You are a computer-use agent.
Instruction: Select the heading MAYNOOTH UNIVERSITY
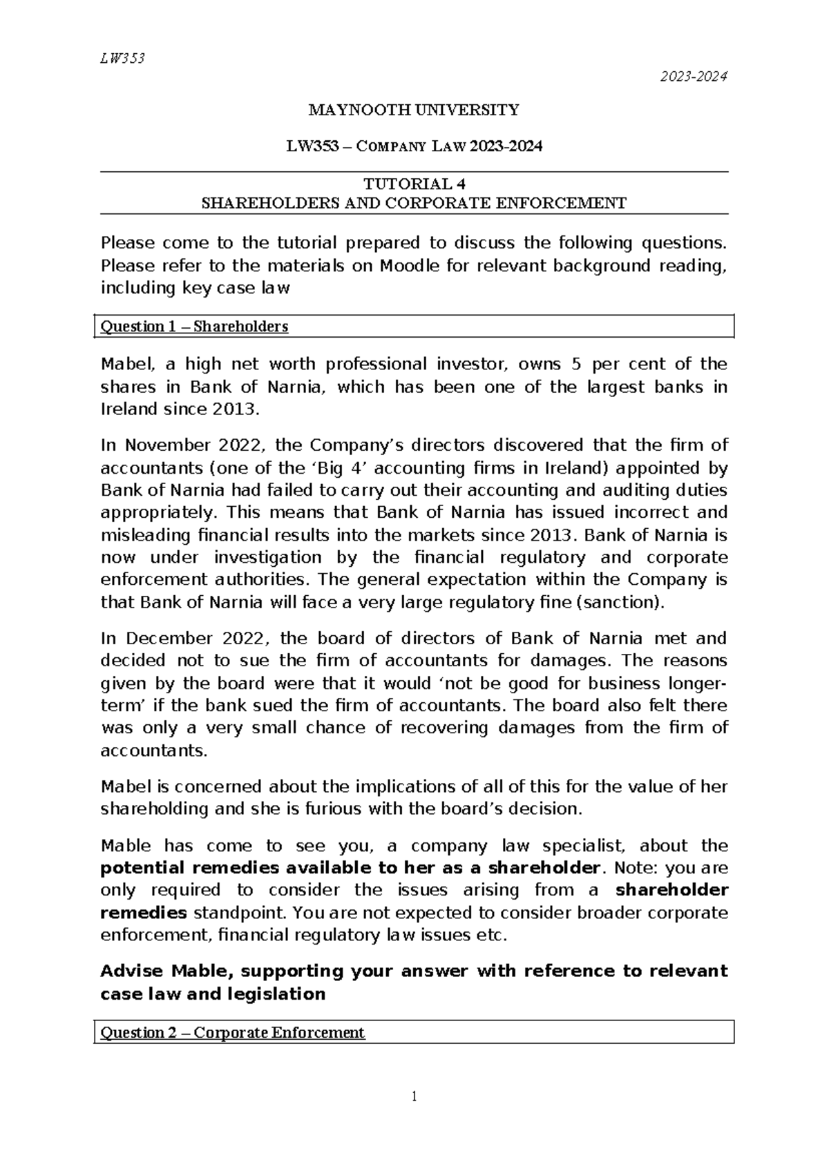click(413, 110)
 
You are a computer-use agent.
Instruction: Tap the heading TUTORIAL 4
click(414, 184)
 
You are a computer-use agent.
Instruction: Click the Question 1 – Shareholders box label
click(194, 327)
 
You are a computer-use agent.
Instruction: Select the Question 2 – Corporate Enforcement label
click(232, 1033)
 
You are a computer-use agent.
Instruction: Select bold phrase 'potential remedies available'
click(240, 868)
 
